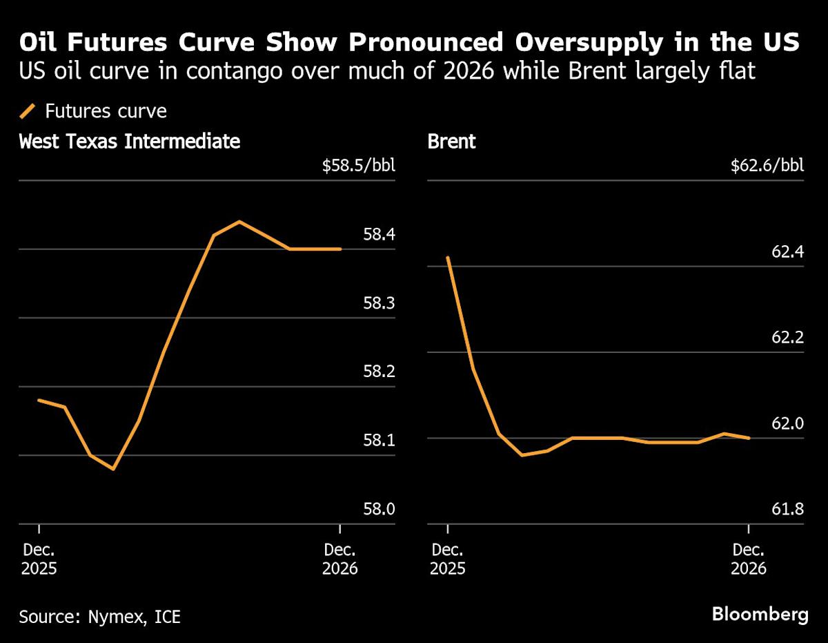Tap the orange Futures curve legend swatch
[x=28, y=111]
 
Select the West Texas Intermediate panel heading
[x=130, y=142]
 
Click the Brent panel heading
[x=452, y=142]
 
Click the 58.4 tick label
[x=379, y=235]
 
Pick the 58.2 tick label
[x=379, y=372]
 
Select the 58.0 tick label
[x=379, y=510]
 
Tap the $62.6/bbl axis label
[x=767, y=166]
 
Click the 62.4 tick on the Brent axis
[x=787, y=252]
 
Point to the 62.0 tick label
[x=787, y=423]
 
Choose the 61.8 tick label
[x=787, y=510]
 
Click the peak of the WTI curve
[x=239, y=222]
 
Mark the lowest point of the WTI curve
[x=113, y=469]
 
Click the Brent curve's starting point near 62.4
[x=448, y=258]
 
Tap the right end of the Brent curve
[x=749, y=437]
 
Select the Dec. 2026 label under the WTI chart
[x=340, y=559]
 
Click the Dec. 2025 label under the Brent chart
[x=448, y=559]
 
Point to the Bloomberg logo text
[x=760, y=614]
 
